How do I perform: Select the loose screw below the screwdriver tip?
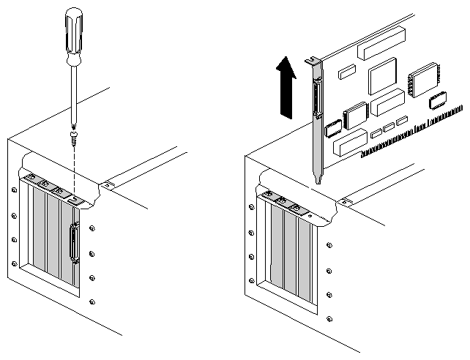74,135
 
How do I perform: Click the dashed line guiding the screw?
75,168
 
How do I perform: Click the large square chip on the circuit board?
383,76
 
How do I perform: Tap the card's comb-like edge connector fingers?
410,132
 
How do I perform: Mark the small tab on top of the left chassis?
108,185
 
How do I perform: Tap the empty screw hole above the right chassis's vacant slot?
311,217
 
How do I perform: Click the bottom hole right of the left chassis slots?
92,301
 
